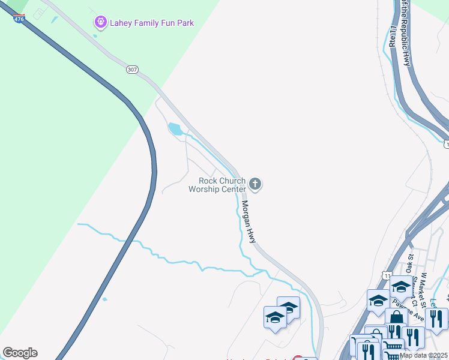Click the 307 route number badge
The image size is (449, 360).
[x=132, y=70]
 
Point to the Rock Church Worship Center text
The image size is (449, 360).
[x=217, y=185]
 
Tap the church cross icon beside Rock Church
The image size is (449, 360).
[x=255, y=184]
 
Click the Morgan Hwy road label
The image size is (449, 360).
[x=249, y=221]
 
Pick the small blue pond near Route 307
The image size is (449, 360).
[x=175, y=128]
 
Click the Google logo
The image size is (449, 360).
[x=20, y=353]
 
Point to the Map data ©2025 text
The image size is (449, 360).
[x=423, y=355]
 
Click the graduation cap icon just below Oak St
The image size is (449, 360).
[x=400, y=286]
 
